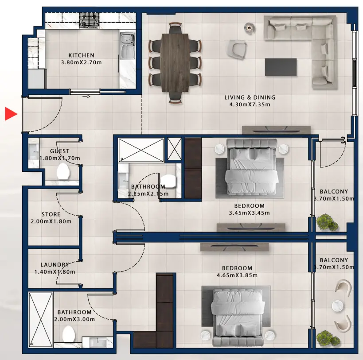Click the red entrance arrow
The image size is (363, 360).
click(x=11, y=114)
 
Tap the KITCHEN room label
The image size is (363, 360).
click(x=81, y=55)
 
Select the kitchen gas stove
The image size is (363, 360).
click(x=90, y=21)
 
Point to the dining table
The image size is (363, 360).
click(x=175, y=62)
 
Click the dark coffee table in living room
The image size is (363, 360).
click(x=281, y=67)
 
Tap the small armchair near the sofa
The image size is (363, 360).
click(x=236, y=49)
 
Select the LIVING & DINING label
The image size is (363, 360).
click(x=250, y=97)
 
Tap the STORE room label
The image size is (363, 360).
click(x=51, y=214)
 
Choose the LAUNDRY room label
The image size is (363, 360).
click(x=55, y=265)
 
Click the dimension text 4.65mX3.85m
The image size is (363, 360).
click(x=237, y=275)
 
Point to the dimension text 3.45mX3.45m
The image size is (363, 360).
click(x=250, y=213)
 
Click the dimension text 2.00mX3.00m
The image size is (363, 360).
click(x=74, y=319)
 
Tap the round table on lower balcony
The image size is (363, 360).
click(x=338, y=306)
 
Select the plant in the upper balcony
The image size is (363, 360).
click(x=327, y=222)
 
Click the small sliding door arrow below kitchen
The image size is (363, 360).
click(x=86, y=97)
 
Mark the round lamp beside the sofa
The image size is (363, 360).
click(x=250, y=28)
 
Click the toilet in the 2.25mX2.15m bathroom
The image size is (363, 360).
click(x=168, y=181)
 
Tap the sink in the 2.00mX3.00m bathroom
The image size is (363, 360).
click(x=98, y=342)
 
